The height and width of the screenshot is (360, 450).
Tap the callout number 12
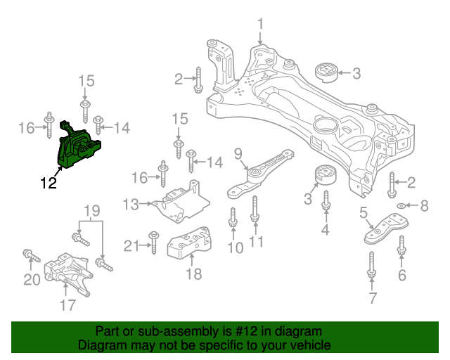49,185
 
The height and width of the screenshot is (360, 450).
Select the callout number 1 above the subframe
260,26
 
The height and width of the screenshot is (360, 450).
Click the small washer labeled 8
401,205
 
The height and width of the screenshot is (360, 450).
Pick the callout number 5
364,212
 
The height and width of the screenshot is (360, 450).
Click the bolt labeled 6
401,247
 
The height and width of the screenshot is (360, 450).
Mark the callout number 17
67,304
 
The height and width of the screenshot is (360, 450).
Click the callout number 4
326,229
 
